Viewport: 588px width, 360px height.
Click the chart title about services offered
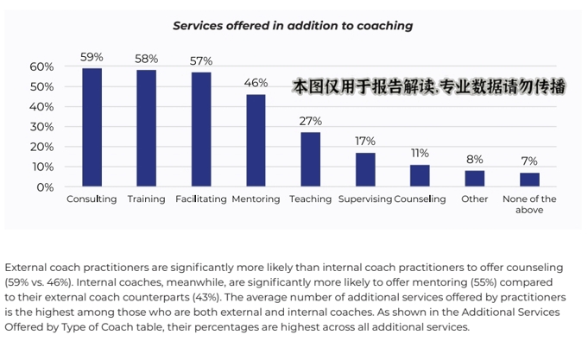coord(293,26)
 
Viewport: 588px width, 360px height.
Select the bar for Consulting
coord(92,127)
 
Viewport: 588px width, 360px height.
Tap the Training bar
coord(147,128)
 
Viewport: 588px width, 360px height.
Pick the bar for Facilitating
coord(201,129)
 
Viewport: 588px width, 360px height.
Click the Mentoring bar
coord(256,140)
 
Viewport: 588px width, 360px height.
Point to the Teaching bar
coord(310,159)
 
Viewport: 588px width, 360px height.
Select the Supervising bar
coord(365,169)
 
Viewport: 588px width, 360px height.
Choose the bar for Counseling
coord(420,175)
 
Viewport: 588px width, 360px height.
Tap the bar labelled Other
coord(474,178)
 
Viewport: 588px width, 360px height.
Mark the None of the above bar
coord(529,179)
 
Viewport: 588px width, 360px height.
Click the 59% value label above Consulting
coord(92,57)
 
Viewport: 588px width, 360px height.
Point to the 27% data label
coord(310,121)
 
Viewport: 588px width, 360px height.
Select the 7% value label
coord(529,161)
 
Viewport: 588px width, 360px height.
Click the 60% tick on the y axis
coord(41,66)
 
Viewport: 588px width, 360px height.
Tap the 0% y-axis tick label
coord(45,186)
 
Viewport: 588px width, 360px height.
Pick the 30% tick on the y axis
coord(41,127)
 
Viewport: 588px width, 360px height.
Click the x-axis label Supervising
coord(364,199)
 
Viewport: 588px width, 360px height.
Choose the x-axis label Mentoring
coord(256,199)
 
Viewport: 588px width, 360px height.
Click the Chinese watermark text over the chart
coord(429,86)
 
